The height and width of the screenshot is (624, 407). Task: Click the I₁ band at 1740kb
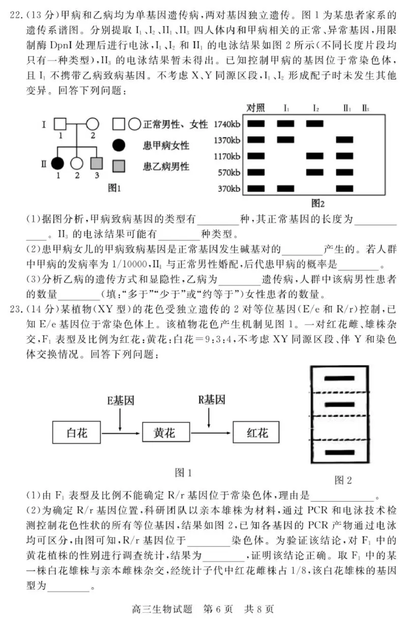point(286,123)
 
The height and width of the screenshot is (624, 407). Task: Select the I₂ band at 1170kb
point(315,156)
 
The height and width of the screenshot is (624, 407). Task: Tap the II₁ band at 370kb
point(345,189)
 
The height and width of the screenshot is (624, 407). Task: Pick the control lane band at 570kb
point(255,172)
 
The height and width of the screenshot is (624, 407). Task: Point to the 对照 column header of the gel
point(255,108)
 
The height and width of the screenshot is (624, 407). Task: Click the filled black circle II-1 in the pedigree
point(57,163)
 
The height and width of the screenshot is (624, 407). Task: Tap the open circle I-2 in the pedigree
point(92,124)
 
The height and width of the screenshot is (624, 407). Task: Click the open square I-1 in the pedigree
point(61,124)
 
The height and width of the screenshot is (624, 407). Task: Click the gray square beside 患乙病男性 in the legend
point(120,166)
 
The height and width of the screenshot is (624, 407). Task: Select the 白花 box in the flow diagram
point(77,433)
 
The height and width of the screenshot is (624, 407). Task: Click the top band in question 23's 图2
point(339,378)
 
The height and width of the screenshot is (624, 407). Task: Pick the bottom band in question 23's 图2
point(339,452)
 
